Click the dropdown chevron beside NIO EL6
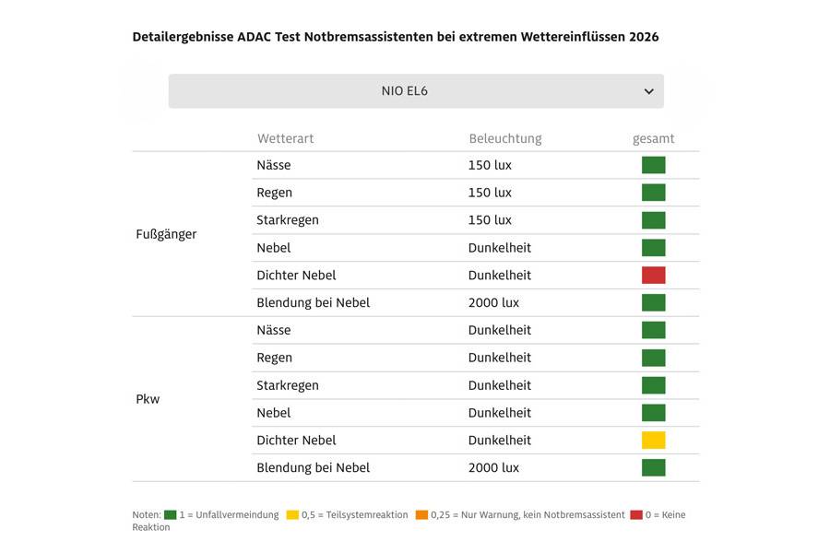click(648, 91)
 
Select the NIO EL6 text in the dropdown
click(404, 91)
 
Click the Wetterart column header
click(285, 138)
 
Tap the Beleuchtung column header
click(504, 138)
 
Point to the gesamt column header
click(653, 138)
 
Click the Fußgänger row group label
click(166, 234)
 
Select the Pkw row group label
click(148, 399)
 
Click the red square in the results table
click(653, 275)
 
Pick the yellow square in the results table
click(653, 440)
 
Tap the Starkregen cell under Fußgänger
click(288, 220)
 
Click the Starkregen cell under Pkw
click(288, 385)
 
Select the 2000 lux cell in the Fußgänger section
click(493, 302)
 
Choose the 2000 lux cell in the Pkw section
click(493, 467)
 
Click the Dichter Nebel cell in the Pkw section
click(296, 440)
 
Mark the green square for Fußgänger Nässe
click(653, 165)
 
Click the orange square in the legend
click(421, 515)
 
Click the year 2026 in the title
click(644, 37)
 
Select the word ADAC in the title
click(255, 37)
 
